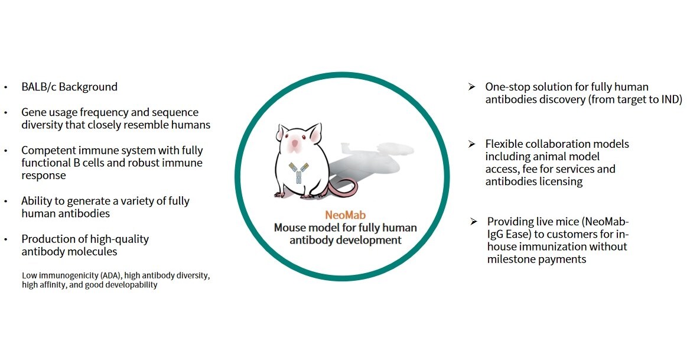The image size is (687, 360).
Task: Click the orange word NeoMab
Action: tap(345, 215)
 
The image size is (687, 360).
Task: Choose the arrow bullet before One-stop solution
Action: tap(471, 86)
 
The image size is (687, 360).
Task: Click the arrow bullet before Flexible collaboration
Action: tap(471, 144)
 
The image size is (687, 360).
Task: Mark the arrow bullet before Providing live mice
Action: tap(473, 221)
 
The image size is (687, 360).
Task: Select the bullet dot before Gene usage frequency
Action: tap(6, 112)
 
